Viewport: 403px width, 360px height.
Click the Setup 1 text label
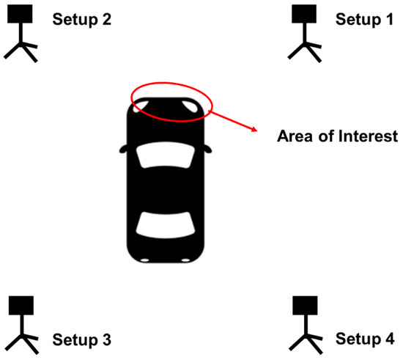[364, 19]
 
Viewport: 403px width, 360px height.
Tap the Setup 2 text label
[82, 19]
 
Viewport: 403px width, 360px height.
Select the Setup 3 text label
[82, 339]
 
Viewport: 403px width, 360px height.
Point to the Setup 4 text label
[365, 339]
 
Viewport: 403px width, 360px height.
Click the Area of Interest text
[338, 136]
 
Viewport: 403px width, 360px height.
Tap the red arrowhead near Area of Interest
[254, 129]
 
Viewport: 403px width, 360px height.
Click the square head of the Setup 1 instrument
[304, 14]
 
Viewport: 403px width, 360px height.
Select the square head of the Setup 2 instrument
[20, 14]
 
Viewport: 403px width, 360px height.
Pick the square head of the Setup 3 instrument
[21, 306]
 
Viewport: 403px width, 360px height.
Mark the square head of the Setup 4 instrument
[305, 306]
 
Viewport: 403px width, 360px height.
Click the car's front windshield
[166, 155]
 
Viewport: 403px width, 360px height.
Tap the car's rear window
[166, 225]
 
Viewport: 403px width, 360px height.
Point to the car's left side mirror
[123, 149]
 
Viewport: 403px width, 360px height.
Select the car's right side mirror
[208, 149]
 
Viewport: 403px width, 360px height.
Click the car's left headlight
[140, 106]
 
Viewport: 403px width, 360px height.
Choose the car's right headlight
[191, 107]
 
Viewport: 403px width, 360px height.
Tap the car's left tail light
[145, 260]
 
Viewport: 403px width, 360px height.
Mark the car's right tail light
[185, 260]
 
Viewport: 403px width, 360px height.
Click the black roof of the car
[166, 191]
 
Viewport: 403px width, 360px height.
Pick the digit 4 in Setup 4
[390, 339]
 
